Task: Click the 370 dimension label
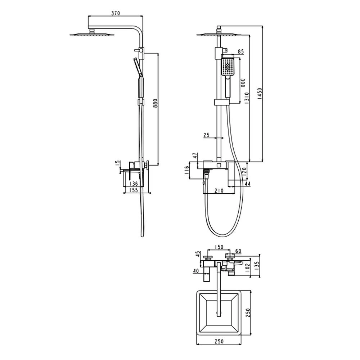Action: (x=116, y=13)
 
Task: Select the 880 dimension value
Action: (x=156, y=104)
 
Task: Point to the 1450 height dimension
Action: (x=260, y=94)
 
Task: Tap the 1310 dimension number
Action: (x=247, y=99)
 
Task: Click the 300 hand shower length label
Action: (x=243, y=83)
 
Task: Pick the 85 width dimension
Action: (x=240, y=52)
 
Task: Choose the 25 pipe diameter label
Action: (x=206, y=135)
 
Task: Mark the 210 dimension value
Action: (x=219, y=190)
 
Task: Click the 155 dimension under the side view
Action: (x=134, y=190)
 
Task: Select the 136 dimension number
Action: (x=134, y=184)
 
